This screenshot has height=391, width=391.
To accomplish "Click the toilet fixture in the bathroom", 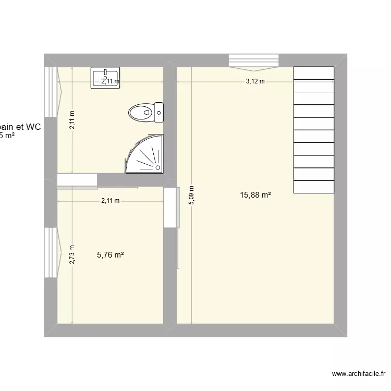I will tap(146, 112).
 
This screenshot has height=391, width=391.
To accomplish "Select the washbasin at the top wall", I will tap(105, 78).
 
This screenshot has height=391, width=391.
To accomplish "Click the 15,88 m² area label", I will tap(255, 195).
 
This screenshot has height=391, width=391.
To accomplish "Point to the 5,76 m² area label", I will tap(111, 255).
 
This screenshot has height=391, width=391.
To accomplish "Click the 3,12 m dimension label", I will tap(255, 81).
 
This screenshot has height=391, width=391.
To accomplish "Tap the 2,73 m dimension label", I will tap(72, 255).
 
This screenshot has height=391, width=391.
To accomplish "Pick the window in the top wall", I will tap(254, 61).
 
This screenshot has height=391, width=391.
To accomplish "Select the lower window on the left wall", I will tap(51, 252).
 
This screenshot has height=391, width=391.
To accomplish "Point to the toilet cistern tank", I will tap(159, 112).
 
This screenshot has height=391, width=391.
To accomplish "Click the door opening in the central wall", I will tap(170, 207).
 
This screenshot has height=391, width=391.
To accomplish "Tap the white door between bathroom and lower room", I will tap(77, 180).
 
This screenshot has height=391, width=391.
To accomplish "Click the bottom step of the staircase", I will tap(313, 186).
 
